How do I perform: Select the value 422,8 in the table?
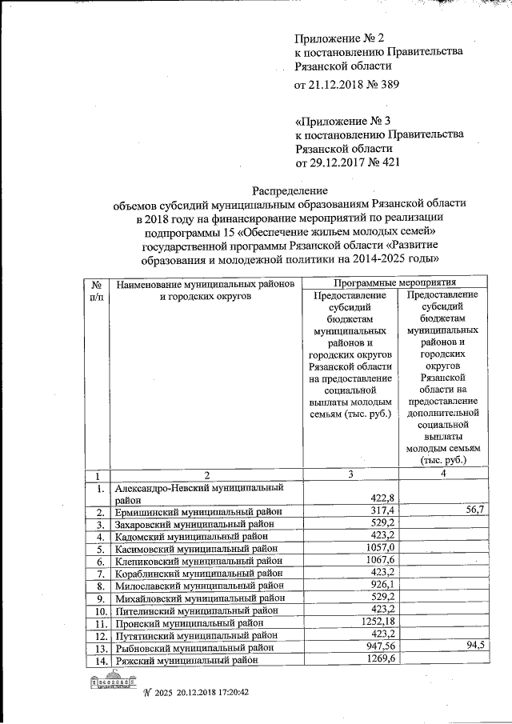click(381, 498)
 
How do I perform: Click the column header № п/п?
click(97, 290)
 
